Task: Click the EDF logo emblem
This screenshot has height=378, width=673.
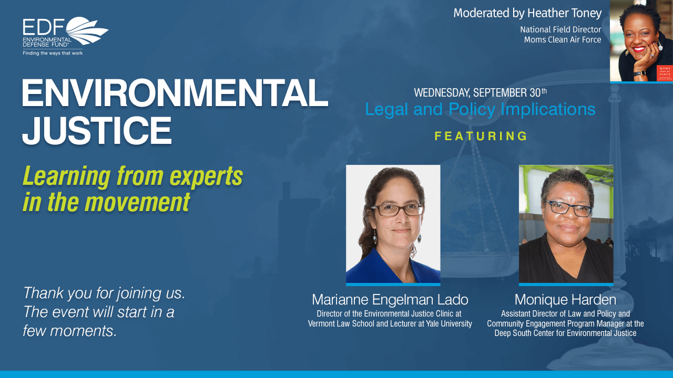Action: (87, 30)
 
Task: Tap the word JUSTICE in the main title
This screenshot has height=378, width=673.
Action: (97, 131)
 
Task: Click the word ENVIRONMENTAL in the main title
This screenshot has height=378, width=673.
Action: (175, 93)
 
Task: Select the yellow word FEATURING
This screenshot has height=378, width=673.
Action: (481, 136)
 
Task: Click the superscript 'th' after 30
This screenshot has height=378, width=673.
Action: (544, 91)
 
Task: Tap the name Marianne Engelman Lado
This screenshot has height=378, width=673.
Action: (390, 299)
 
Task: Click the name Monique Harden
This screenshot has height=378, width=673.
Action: (565, 299)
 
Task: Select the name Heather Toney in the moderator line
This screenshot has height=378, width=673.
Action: (565, 13)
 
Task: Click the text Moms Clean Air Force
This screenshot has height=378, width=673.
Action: (563, 39)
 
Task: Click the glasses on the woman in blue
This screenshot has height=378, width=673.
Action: (397, 209)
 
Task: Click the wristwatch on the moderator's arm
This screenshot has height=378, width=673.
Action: (640, 73)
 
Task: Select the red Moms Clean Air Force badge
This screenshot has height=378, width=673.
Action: (665, 73)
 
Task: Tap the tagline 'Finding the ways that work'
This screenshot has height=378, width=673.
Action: (53, 53)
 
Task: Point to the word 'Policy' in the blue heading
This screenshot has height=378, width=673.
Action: (472, 109)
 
